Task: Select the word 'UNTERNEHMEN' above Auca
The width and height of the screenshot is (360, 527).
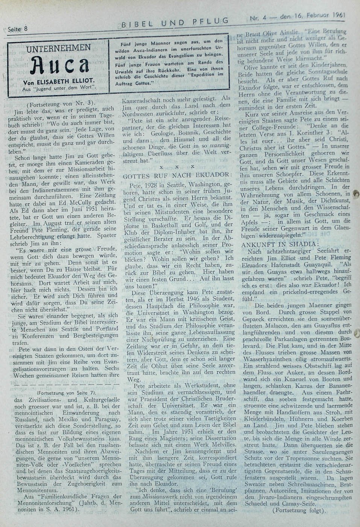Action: [x=59, y=48]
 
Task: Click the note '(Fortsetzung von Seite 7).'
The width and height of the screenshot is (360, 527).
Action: [x=67, y=393]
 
